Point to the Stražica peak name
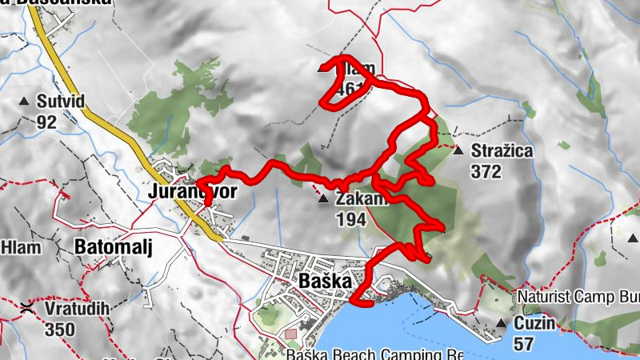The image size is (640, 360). pos(502,150)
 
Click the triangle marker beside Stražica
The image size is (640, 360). pos(458,150)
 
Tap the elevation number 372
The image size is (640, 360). pos(486,171)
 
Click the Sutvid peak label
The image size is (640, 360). pos(61,102)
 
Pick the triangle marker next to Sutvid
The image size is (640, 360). pos(23,102)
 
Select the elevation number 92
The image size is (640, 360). pos(46,122)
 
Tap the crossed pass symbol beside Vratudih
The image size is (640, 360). pos(28,308)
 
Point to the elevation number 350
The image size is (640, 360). pos(60,329)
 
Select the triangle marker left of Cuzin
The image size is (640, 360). pos(501,323)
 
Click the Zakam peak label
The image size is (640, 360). pos(362,198)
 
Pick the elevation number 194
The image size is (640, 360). pos(352,218)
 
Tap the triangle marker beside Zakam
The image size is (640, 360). pos(323,198)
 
